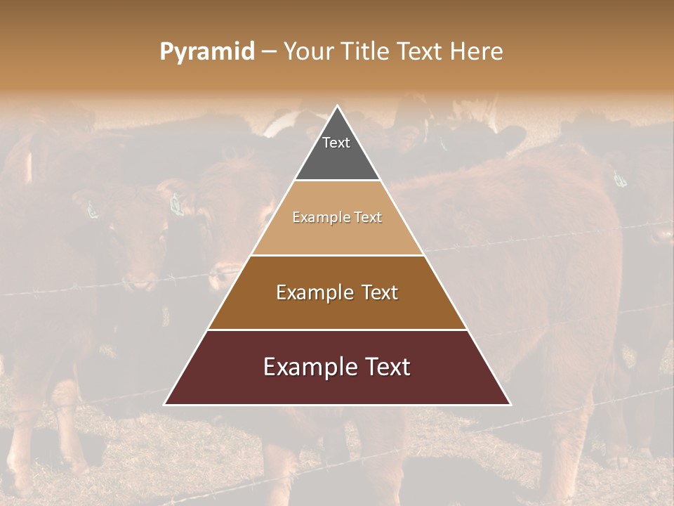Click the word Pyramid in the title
[206, 52]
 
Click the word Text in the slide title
[422, 52]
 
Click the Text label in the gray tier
[336, 143]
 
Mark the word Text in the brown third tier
[380, 292]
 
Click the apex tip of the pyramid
[337, 106]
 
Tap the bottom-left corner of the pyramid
[165, 404]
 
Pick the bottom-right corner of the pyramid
[510, 404]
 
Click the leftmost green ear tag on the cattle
[92, 209]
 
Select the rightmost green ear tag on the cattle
[619, 179]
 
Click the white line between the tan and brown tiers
[337, 255]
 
